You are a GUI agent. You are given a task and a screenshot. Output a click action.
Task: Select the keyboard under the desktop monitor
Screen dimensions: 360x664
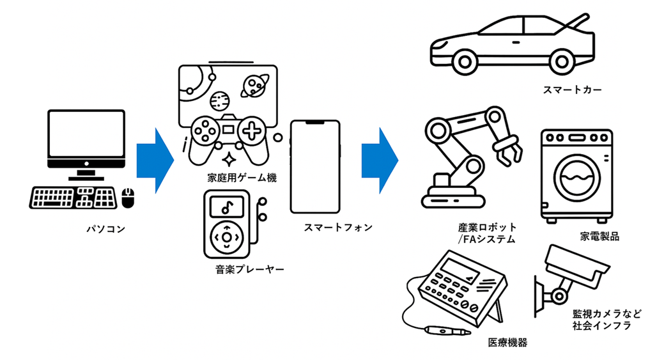tap(73, 198)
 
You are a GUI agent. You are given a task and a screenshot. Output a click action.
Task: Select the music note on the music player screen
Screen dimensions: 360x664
tap(226, 206)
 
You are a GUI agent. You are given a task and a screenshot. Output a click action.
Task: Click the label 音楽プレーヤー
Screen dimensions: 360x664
tap(249, 270)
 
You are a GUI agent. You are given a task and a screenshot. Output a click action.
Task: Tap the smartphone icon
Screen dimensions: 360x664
tap(315, 167)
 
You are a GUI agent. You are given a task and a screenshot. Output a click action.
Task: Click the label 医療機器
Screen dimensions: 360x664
tap(507, 342)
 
